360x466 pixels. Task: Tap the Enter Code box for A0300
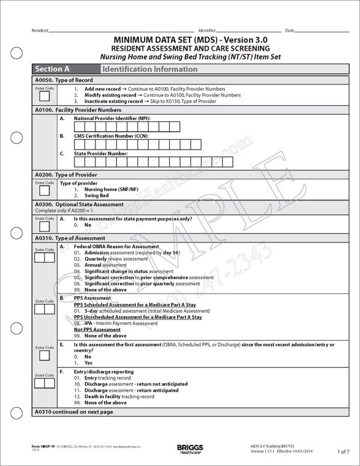44,228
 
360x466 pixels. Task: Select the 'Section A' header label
53,69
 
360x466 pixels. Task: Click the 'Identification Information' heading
141,69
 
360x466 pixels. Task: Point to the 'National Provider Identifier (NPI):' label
113,118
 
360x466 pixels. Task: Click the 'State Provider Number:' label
101,153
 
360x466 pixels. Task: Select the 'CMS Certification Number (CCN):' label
112,136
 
